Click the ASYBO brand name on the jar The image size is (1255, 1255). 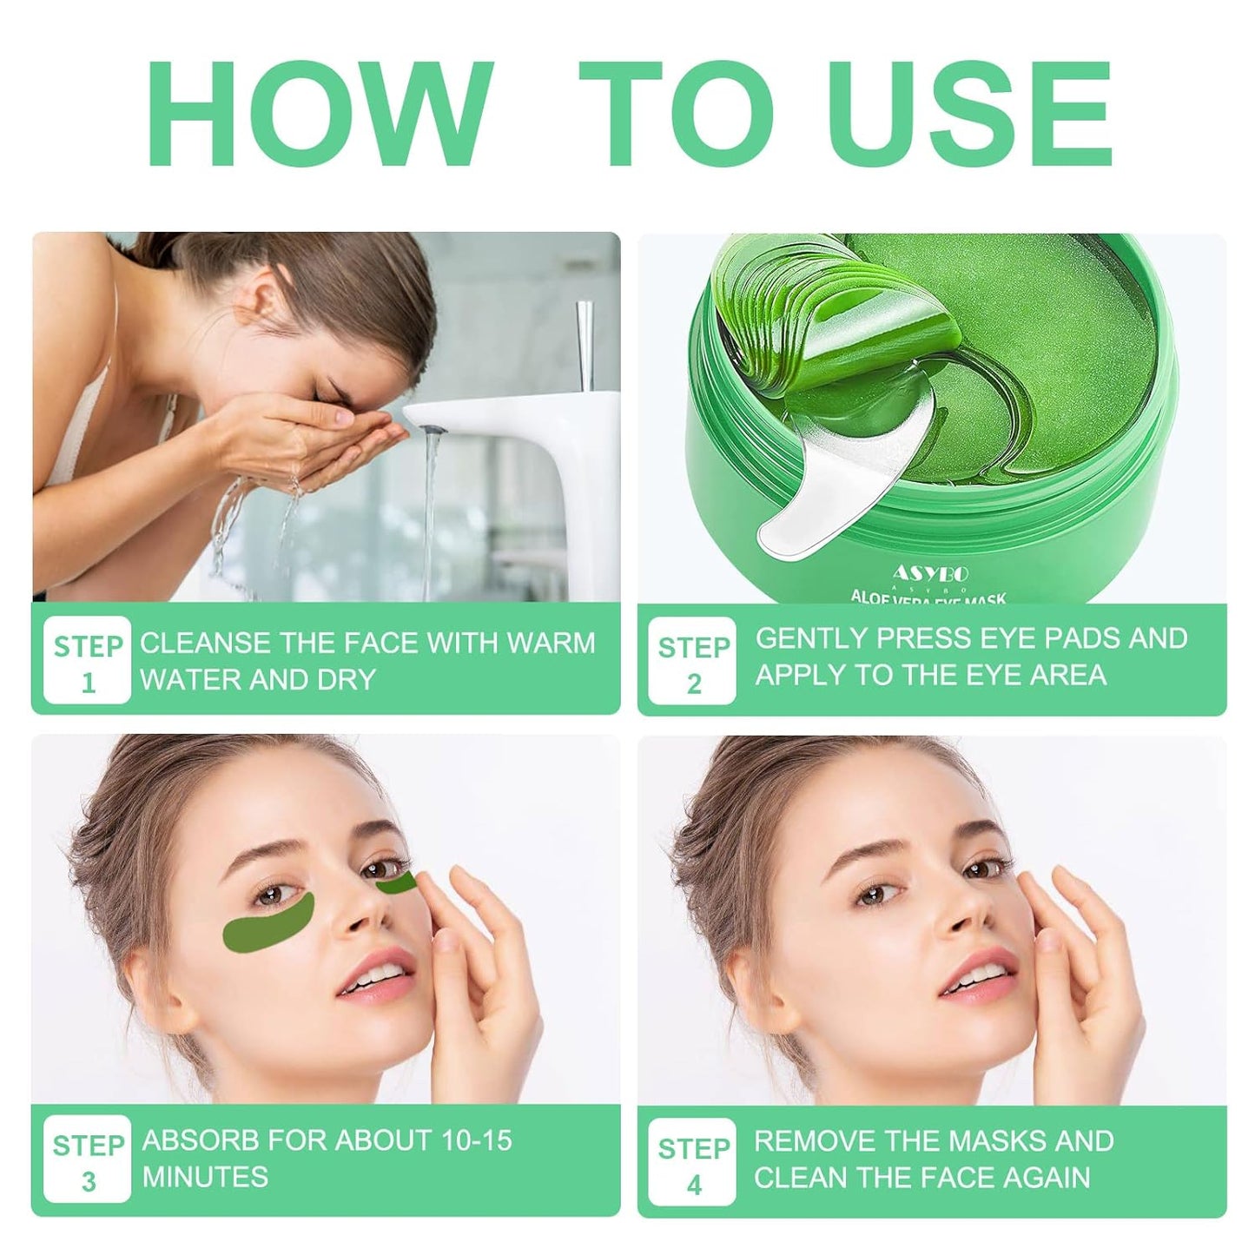(x=930, y=574)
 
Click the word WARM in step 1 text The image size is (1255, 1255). (x=551, y=644)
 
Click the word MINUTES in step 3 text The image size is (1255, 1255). (x=205, y=1178)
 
